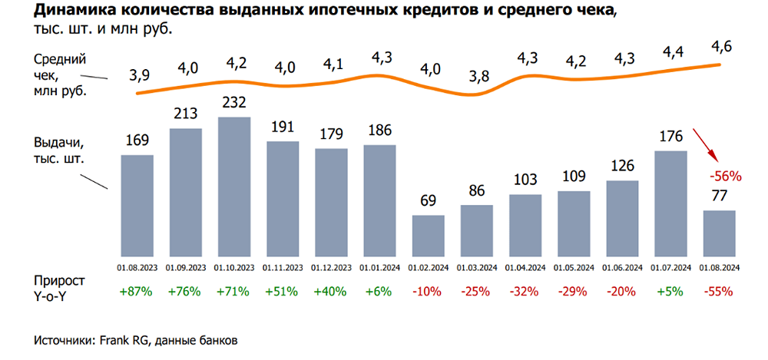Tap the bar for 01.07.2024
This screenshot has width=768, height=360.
[670, 203]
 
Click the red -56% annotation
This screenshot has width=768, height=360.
[726, 176]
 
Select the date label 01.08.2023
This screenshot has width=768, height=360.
[137, 267]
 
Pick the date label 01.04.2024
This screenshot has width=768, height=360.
[525, 267]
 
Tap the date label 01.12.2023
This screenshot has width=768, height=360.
[331, 267]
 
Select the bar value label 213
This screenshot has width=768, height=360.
[186, 115]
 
